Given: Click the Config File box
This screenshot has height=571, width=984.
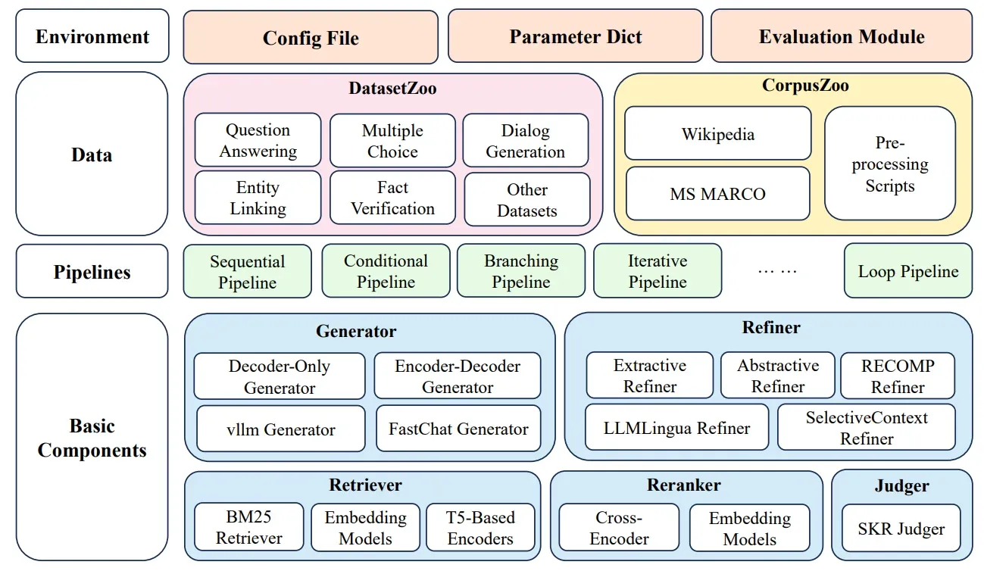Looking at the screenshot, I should pyautogui.click(x=311, y=37).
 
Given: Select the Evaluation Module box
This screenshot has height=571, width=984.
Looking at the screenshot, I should pyautogui.click(x=842, y=36).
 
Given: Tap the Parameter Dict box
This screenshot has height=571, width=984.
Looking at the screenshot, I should pyautogui.click(x=576, y=36).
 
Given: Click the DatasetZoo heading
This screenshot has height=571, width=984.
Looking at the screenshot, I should pyautogui.click(x=392, y=89).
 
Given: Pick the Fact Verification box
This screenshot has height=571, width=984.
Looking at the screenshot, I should pyautogui.click(x=392, y=198).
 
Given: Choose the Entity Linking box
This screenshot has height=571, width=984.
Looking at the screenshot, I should pyautogui.click(x=258, y=198).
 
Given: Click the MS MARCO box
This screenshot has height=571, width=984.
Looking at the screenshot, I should pyautogui.click(x=717, y=194).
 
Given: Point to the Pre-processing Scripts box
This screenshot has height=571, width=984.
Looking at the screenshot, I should pyautogui.click(x=890, y=164).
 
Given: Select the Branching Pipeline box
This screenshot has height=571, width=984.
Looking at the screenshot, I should pyautogui.click(x=521, y=271).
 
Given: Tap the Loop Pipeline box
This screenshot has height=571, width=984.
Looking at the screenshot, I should pyautogui.click(x=907, y=271).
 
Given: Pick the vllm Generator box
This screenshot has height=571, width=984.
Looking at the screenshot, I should pyautogui.click(x=280, y=429).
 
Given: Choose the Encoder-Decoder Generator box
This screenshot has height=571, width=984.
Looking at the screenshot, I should pyautogui.click(x=458, y=376).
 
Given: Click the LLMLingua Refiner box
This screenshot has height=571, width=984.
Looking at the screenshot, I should pyautogui.click(x=676, y=428).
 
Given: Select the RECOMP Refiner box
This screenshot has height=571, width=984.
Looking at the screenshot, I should pyautogui.click(x=898, y=376).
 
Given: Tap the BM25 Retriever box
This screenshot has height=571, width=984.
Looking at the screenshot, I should pyautogui.click(x=248, y=528).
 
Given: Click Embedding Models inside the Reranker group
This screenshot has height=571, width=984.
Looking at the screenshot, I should pyautogui.click(x=749, y=529).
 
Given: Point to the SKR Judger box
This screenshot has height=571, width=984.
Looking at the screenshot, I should pyautogui.click(x=901, y=529).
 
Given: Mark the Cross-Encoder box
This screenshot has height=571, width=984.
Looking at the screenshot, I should pyautogui.click(x=619, y=529).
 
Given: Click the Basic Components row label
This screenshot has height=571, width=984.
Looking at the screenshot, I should pyautogui.click(x=92, y=438).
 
